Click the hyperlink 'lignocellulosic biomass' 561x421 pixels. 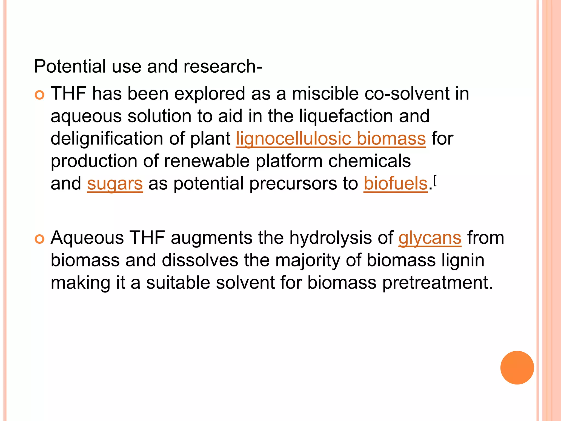tap(331, 139)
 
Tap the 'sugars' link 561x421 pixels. tap(115, 184)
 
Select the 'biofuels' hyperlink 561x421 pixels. tap(396, 184)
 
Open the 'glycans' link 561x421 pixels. tap(430, 238)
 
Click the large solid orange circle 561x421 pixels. tap(517, 368)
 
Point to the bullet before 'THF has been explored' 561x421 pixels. tap(40, 95)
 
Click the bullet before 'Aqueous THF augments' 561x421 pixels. tap(40, 239)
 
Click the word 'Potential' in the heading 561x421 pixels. tap(70, 67)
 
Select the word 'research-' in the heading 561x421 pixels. tap(223, 67)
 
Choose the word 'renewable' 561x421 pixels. tap(207, 161)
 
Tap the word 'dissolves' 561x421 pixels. tap(200, 260)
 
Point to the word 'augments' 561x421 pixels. tap(211, 238)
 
